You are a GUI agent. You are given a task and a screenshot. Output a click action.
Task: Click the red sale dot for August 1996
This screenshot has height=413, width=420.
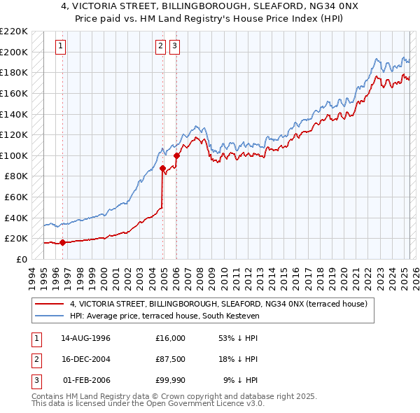point(62,242)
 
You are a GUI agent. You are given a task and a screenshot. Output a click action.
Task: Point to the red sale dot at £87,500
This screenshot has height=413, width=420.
point(162,168)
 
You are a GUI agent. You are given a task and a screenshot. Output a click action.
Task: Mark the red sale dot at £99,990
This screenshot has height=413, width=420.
point(176,155)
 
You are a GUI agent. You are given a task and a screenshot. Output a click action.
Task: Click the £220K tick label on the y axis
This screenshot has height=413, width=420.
point(14,31)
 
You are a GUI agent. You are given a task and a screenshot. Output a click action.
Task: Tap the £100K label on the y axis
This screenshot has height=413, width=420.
point(14,155)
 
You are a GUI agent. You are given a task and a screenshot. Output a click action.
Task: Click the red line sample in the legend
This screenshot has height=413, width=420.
point(50,304)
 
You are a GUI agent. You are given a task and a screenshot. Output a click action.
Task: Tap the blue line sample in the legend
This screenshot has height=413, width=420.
point(50,316)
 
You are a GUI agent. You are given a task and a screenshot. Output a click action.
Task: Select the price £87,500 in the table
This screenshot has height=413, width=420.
point(171,359)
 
